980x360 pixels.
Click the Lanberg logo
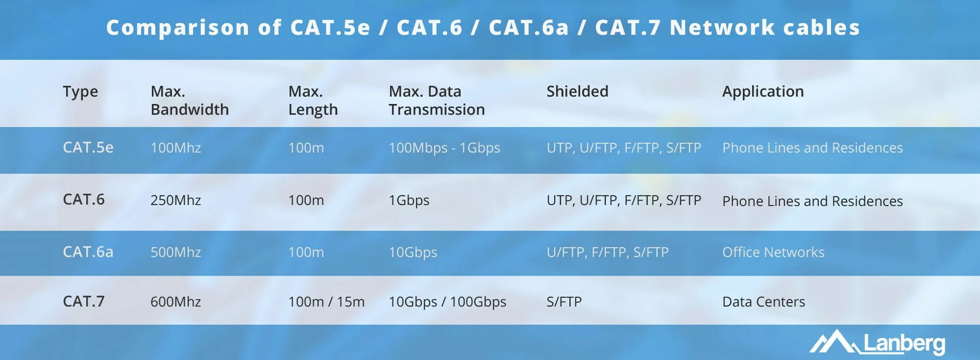(x=877, y=342)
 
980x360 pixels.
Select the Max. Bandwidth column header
(x=189, y=101)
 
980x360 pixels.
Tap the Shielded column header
(x=577, y=91)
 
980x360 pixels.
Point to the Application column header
(x=763, y=92)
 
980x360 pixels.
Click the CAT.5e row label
(x=88, y=148)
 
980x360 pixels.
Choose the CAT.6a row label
(x=88, y=252)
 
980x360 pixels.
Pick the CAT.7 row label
(x=83, y=301)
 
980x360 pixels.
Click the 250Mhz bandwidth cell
(x=176, y=200)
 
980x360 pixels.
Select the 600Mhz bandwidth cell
(x=176, y=302)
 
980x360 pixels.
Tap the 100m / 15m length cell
(x=326, y=302)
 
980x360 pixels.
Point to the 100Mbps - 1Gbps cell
(x=444, y=148)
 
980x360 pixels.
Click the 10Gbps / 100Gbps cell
(x=447, y=302)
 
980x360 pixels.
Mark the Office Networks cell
(x=773, y=252)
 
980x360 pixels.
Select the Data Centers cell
(x=764, y=302)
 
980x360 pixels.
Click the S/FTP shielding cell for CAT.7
(x=564, y=302)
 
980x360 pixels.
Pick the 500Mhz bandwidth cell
(x=176, y=252)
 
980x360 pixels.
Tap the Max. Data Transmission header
(x=436, y=101)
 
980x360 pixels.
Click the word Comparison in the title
(x=178, y=28)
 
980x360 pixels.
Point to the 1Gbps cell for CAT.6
(x=409, y=201)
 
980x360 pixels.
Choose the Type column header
(x=80, y=92)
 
